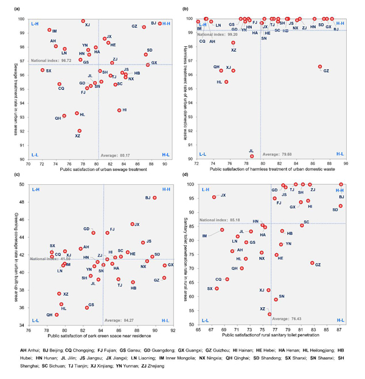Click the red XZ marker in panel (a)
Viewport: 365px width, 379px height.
79,131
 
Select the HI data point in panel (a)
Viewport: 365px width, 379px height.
119,110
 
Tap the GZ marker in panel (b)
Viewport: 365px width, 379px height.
320,67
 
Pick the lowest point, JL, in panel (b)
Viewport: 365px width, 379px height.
252,156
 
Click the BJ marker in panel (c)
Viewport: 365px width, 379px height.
155,198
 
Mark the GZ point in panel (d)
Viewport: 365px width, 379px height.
312,263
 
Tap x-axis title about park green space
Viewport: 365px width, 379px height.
100,336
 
